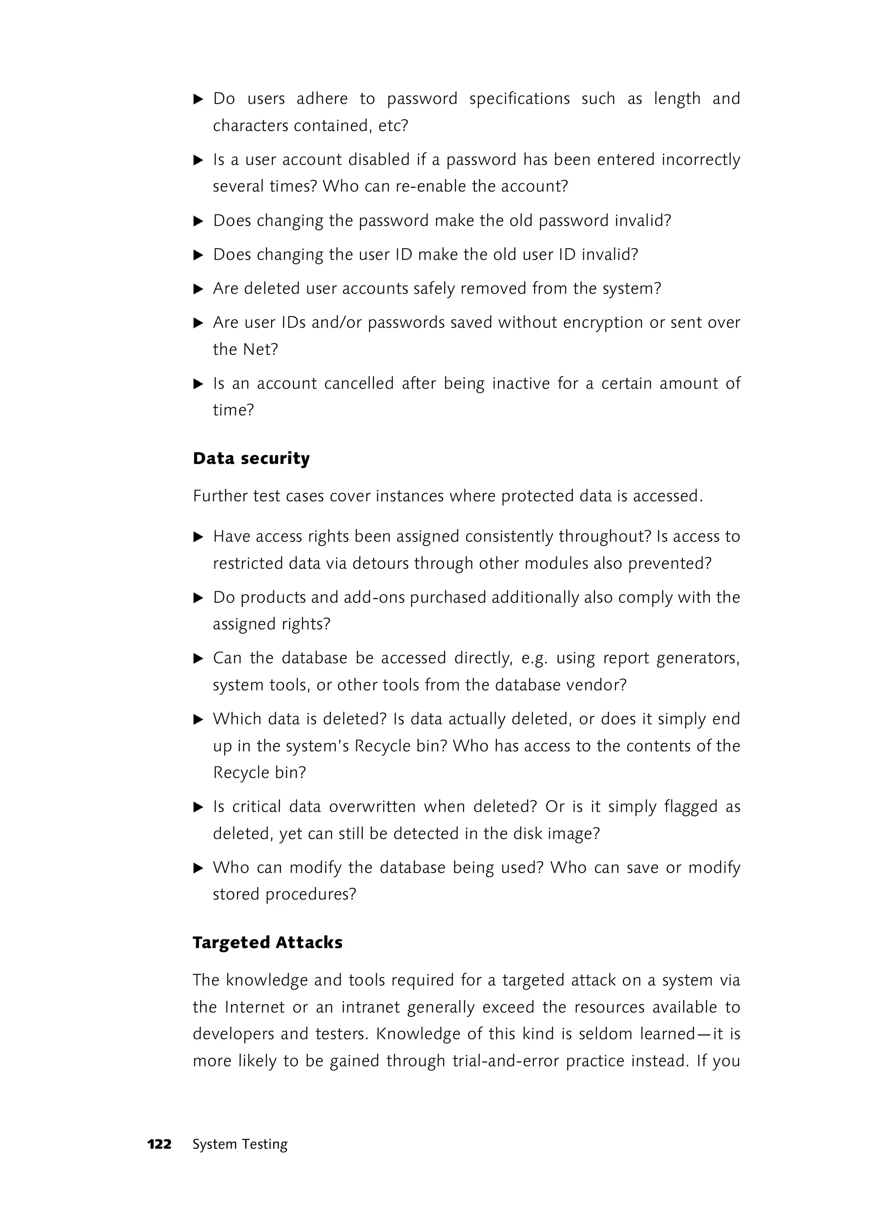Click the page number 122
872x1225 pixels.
click(x=160, y=1144)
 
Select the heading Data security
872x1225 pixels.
click(x=251, y=458)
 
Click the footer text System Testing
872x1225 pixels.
click(x=240, y=1144)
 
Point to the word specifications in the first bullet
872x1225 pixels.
click(x=519, y=99)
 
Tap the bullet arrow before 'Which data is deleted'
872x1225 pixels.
click(x=198, y=719)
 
